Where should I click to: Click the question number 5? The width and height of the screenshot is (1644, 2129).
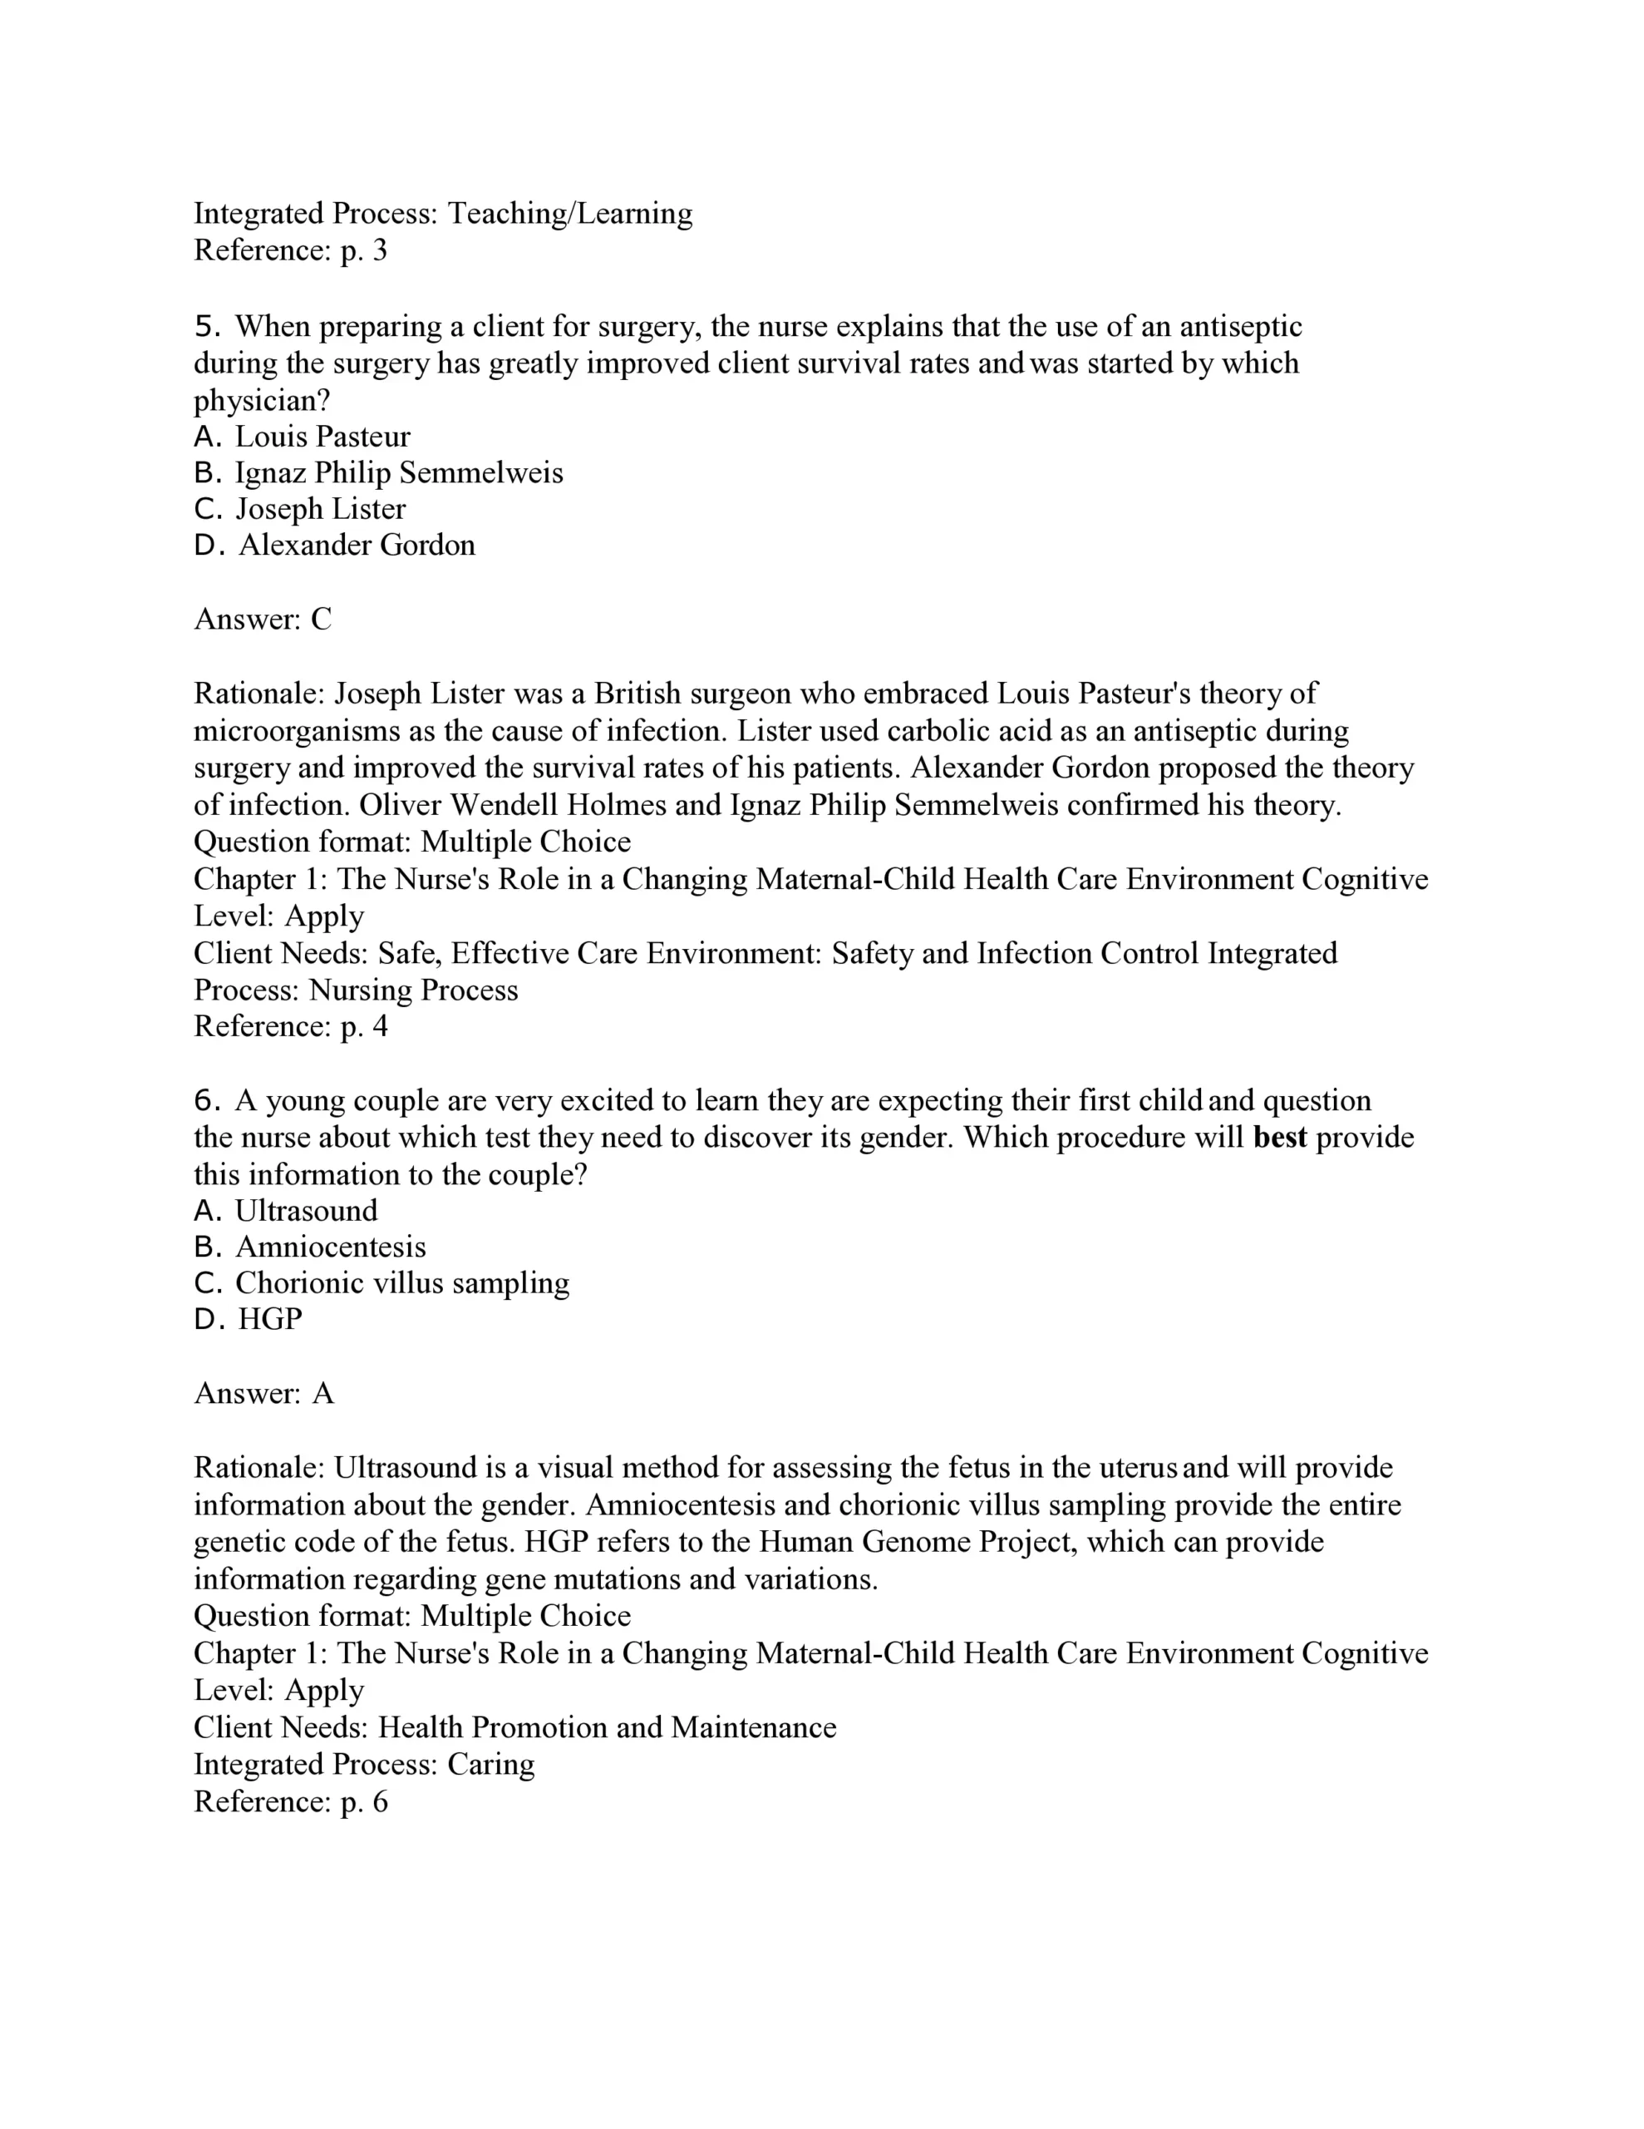(207, 327)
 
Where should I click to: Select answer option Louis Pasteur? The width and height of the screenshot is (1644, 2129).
(322, 437)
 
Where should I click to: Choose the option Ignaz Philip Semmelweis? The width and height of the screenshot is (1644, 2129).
(399, 472)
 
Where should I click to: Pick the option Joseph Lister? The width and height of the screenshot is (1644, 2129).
(320, 509)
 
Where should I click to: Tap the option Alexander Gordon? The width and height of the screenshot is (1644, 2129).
(357, 545)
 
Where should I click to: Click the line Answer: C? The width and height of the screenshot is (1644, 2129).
(263, 619)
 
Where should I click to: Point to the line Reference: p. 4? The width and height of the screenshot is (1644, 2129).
(290, 1026)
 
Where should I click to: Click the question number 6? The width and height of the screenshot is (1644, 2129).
(207, 1100)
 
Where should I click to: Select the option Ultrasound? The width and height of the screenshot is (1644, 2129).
(306, 1211)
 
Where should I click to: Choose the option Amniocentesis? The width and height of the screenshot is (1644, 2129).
(330, 1247)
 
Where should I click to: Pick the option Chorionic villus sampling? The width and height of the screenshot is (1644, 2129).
(401, 1283)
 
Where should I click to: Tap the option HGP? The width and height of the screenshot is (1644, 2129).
(270, 1319)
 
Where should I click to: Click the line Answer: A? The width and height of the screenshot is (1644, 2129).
(264, 1393)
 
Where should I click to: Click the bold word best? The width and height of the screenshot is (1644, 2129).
(1279, 1138)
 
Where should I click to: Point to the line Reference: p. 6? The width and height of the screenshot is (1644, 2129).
(290, 1801)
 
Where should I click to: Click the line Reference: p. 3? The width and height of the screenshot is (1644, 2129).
(290, 250)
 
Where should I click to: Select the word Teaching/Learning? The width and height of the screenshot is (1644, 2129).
(570, 214)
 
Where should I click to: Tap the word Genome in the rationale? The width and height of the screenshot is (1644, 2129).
(910, 1542)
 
